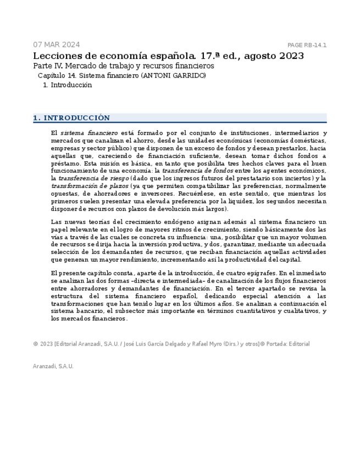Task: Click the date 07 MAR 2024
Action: (56, 45)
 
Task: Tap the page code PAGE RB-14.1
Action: (307, 45)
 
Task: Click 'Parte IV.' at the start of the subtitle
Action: (48, 66)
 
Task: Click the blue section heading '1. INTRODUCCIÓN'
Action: (71, 118)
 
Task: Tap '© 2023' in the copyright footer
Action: (43, 344)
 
